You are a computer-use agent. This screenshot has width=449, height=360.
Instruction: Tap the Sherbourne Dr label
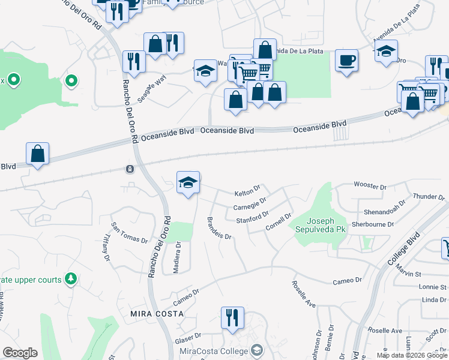click(373, 224)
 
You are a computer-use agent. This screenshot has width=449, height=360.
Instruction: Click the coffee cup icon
click(346, 60)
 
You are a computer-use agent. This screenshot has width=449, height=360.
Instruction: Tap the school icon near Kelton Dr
click(188, 182)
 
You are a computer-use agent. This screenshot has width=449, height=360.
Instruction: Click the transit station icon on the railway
click(130, 169)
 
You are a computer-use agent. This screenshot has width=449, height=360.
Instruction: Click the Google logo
click(20, 353)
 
